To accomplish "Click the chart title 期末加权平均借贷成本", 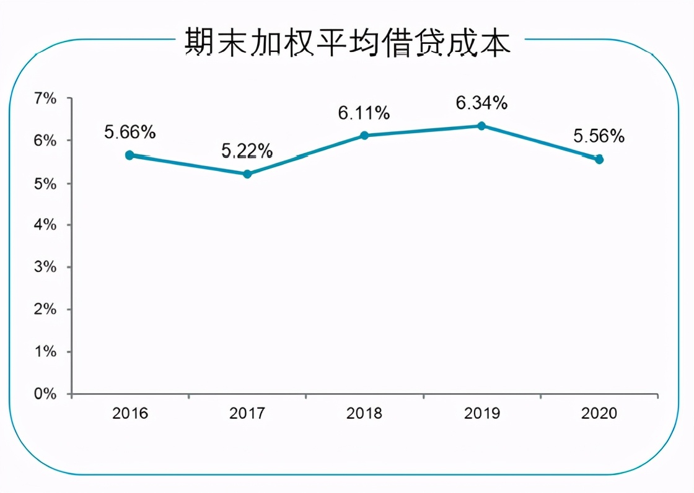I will pos(348,43).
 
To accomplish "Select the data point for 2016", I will pos(130,155).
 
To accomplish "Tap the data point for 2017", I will pos(247,174).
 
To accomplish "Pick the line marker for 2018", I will pos(364,135).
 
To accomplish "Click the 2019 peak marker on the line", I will pos(481,126).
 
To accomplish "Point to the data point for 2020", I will pos(599,159).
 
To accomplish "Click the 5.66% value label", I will pos(130,133).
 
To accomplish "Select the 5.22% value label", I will pos(247,151).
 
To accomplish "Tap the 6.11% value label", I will pos(364,113).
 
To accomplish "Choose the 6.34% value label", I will pos(481,103).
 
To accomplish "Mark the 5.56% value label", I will pos(599,136).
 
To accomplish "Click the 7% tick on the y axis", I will pos(45,98).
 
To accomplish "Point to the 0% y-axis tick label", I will pos(45,394).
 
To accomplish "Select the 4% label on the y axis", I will pos(45,225).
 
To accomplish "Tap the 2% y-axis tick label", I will pos(45,309).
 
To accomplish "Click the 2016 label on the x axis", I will pos(130,413).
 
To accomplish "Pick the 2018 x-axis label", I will pos(364,413).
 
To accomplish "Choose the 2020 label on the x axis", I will pos(599,413).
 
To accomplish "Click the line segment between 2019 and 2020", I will pos(540,142).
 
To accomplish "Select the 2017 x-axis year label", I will pos(247,413).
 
